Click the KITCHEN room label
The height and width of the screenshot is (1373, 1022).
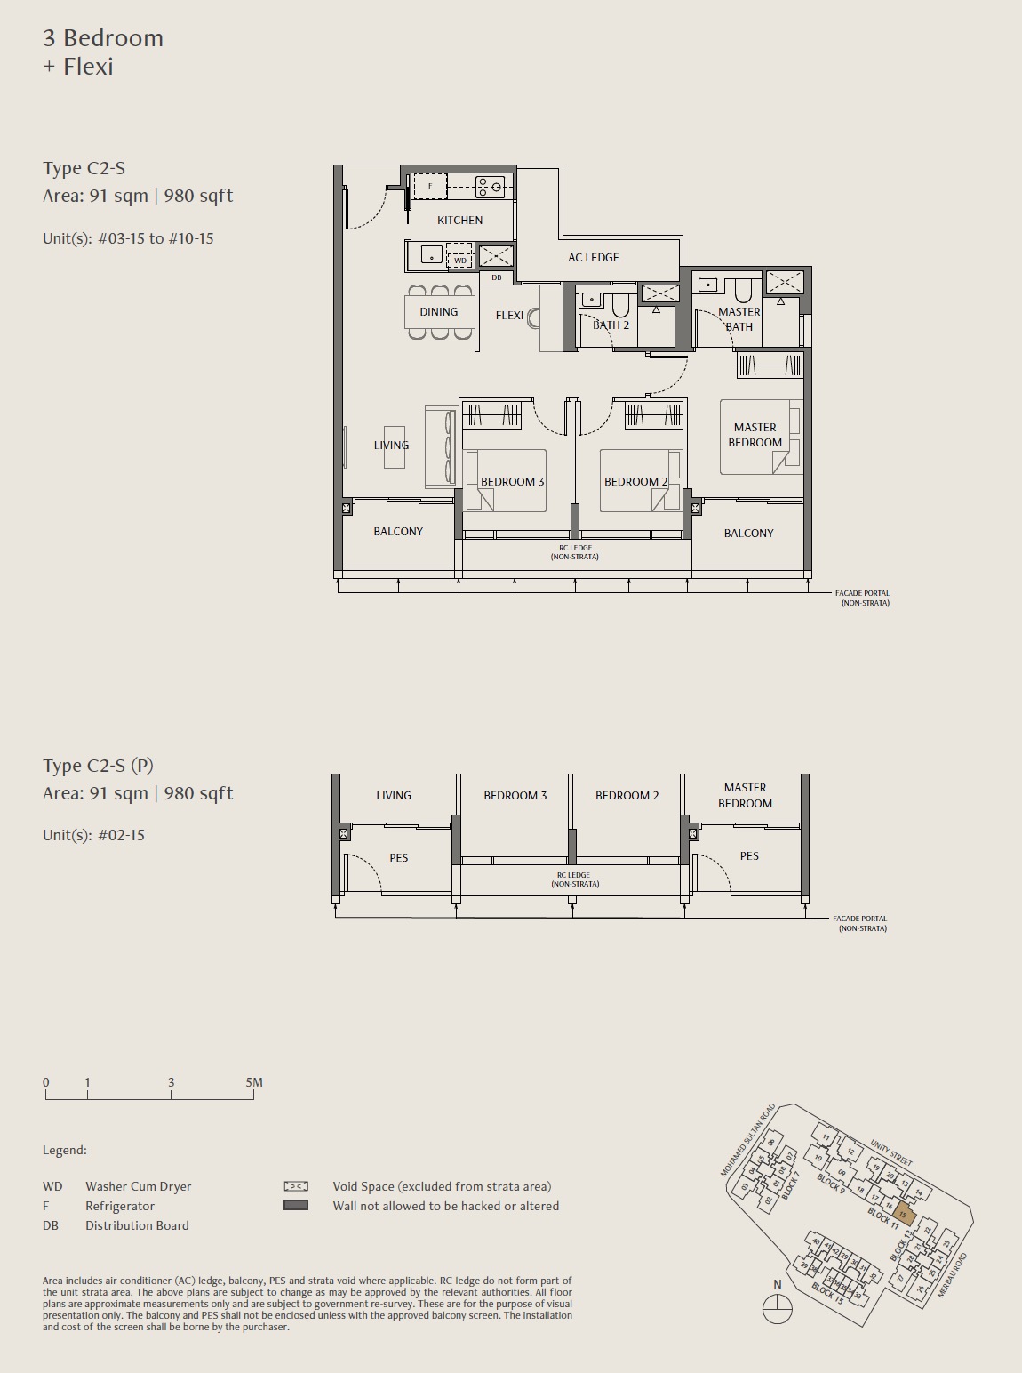[x=459, y=220]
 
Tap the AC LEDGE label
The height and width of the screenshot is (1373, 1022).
[x=593, y=257]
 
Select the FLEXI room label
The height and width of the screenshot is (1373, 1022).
[x=509, y=316]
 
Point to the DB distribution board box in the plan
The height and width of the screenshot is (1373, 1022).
[x=496, y=277]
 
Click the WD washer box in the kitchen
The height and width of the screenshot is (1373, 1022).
[x=459, y=260]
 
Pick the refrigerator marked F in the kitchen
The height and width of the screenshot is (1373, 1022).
[x=430, y=186]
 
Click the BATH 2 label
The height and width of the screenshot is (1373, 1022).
[x=611, y=325]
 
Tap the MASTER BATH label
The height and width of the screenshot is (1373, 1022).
[x=739, y=318]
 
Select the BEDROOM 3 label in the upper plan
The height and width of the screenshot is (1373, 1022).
[x=512, y=481]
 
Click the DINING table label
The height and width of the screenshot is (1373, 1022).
[x=438, y=311]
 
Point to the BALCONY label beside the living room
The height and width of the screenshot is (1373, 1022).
[x=397, y=531]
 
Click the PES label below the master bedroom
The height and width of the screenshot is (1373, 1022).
[x=749, y=856]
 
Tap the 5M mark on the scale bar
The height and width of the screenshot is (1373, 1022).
[x=254, y=1082]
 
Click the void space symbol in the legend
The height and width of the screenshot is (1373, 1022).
[x=296, y=1186]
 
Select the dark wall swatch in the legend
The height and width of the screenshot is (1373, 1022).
[x=296, y=1206]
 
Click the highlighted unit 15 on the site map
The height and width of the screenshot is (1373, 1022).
[x=902, y=1214]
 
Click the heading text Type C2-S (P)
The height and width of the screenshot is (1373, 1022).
[x=98, y=766]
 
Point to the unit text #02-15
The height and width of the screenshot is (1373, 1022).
[x=121, y=835]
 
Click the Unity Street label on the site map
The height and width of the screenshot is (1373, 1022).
[x=890, y=1152]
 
